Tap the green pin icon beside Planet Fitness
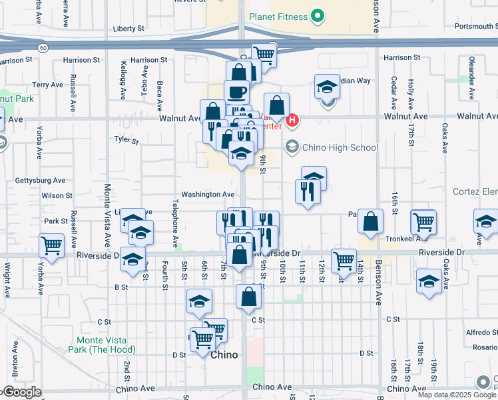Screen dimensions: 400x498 coord(318,17)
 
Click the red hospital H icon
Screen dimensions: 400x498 coord(294,121)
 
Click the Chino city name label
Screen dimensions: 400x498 coord(224,355)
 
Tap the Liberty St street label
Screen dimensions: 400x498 coord(128,29)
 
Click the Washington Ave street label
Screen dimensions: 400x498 coord(209,194)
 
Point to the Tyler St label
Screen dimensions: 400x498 coord(125,141)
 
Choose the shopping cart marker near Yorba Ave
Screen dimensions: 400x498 coord(52,245)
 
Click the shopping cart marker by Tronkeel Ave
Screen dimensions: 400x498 coord(423,222)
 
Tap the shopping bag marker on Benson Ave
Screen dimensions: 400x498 coord(370,221)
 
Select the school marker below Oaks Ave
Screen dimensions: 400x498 coord(429,281)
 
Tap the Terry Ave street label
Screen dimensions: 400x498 coord(47,85)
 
